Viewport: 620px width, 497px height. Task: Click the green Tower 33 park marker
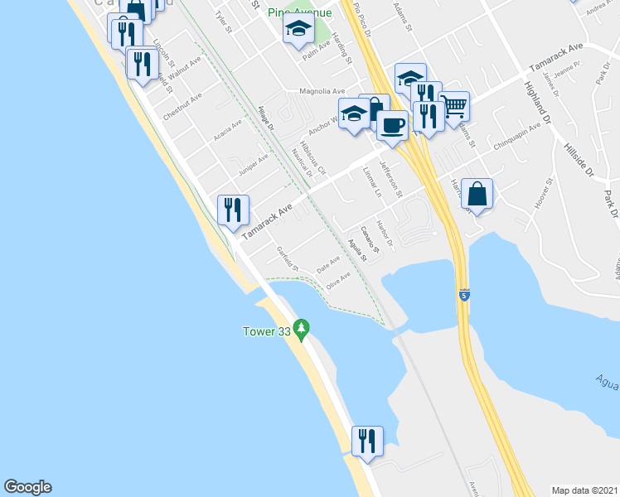point(302,331)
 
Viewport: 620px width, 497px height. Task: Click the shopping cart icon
point(453,105)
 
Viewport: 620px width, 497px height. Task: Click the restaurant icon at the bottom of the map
point(366,440)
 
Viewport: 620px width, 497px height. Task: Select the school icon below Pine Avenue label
point(298,31)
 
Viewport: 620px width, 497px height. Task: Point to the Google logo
point(27,487)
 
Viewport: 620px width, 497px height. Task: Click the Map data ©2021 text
point(585,490)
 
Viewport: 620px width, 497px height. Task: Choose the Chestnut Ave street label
point(183,108)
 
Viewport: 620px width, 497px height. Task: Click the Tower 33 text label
point(263,332)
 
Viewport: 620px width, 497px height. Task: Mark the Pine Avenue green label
point(300,12)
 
